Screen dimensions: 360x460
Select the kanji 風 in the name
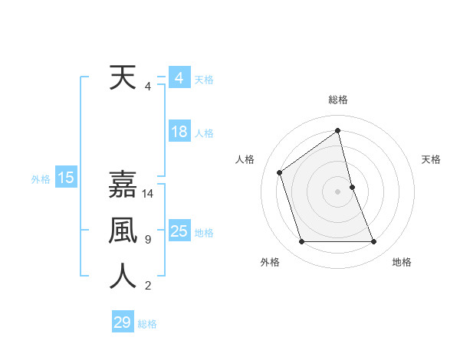[x=123, y=231]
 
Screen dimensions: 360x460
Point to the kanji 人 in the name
[x=123, y=277]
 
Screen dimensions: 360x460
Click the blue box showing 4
[x=179, y=78]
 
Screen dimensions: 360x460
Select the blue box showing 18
[x=179, y=132]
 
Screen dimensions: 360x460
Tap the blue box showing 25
[x=179, y=231]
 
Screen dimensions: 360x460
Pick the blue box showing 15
[x=65, y=178]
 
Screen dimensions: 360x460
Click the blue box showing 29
[x=123, y=322]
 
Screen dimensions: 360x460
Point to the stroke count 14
[x=149, y=194]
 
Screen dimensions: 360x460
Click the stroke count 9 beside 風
[x=147, y=240]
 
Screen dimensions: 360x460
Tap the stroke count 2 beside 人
[x=147, y=286]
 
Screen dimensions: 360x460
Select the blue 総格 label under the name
[x=147, y=324]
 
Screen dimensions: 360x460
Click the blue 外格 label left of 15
[x=41, y=179]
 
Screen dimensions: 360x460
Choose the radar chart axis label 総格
[x=338, y=100]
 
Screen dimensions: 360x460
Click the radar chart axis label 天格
[x=432, y=159]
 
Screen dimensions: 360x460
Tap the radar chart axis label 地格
[x=402, y=262]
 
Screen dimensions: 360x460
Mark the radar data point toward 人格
[x=280, y=172]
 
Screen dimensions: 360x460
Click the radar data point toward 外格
[x=301, y=242]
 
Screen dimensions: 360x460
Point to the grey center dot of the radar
[x=338, y=191]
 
